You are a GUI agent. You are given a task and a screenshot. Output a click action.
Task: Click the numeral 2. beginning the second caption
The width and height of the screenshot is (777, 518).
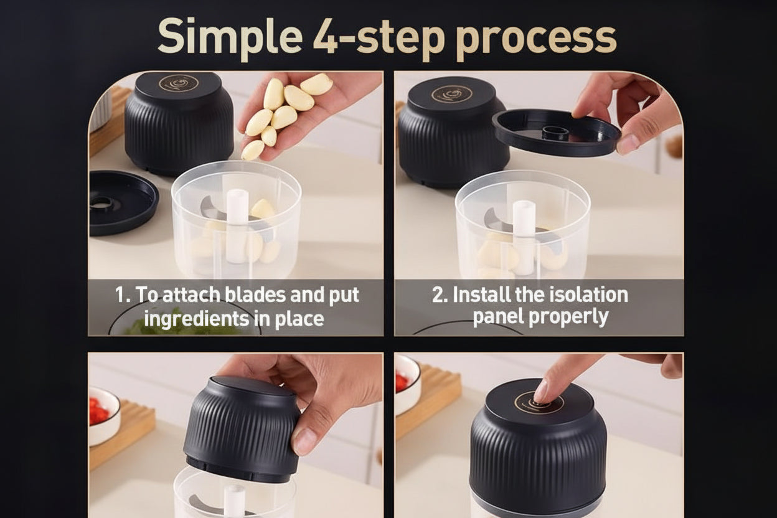[440, 294]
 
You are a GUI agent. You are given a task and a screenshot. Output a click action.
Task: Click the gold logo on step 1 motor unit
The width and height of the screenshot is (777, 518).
[178, 83]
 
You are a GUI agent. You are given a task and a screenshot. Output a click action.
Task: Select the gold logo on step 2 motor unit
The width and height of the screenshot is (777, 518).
[451, 94]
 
